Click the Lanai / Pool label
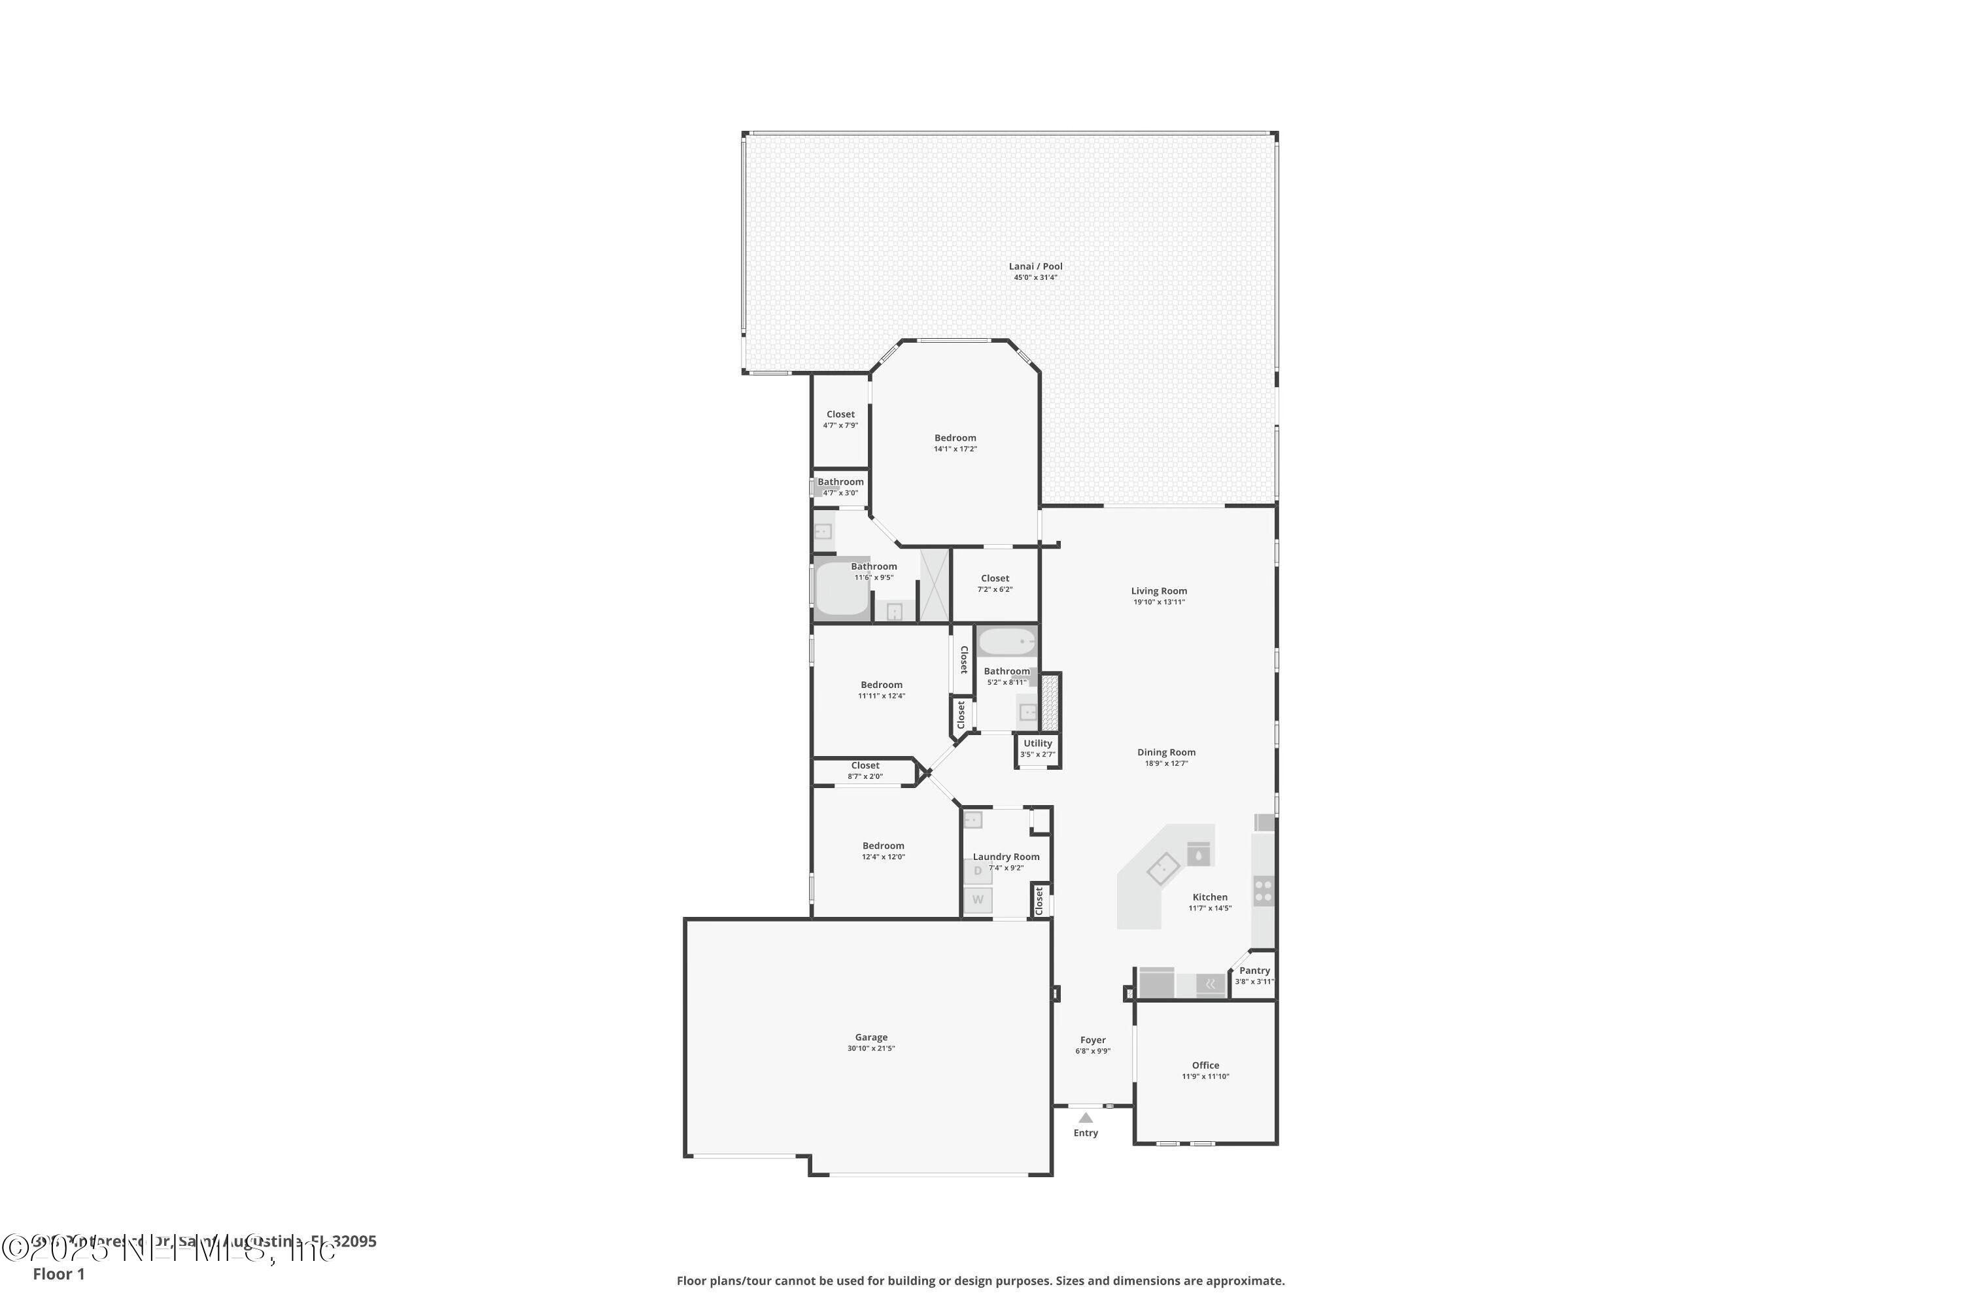[x=1035, y=267]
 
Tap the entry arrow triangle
[x=1085, y=1118]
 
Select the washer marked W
[x=978, y=900]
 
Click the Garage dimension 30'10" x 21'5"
[x=871, y=1048]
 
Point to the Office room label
[x=1205, y=1065]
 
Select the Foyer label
[x=1093, y=1041]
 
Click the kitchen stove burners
[x=1263, y=891]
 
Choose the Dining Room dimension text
[x=1166, y=763]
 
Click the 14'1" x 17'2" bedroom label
[x=955, y=438]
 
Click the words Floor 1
[x=58, y=1274]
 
